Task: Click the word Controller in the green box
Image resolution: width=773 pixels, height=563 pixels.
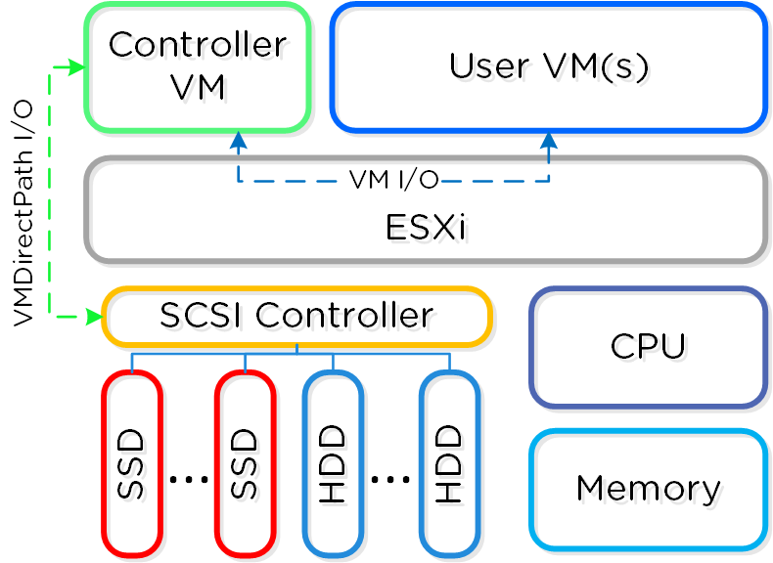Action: click(198, 45)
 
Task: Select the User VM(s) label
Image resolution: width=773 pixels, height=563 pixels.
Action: click(549, 66)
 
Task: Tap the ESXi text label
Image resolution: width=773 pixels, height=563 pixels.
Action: click(425, 227)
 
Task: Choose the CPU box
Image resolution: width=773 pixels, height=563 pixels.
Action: click(648, 347)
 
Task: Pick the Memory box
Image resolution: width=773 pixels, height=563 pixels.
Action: click(648, 488)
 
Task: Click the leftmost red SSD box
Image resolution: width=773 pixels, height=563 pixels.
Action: click(132, 463)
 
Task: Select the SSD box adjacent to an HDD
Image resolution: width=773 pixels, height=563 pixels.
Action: click(245, 463)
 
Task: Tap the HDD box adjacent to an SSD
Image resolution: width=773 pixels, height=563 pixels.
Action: click(334, 463)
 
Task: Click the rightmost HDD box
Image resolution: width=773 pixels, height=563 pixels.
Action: click(449, 463)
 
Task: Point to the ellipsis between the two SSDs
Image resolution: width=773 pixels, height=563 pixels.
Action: click(189, 479)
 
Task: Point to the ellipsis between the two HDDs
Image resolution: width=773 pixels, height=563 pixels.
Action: click(390, 479)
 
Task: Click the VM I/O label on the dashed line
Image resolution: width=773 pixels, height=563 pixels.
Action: click(392, 180)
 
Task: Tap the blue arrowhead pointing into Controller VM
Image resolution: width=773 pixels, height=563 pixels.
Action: click(239, 140)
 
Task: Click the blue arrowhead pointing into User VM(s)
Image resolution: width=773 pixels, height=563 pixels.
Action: click(549, 140)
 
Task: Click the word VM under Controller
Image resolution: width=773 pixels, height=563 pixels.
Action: click(198, 88)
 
